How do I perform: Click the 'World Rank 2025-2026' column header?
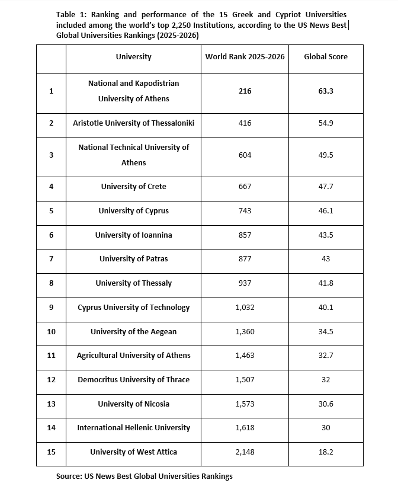click(x=245, y=57)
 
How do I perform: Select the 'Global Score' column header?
click(x=326, y=57)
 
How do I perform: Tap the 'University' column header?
click(x=133, y=57)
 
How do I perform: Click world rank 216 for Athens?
click(x=245, y=91)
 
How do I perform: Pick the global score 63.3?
click(x=326, y=91)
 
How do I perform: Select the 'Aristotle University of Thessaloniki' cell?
click(x=133, y=123)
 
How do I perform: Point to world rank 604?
click(x=245, y=155)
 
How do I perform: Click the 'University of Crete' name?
click(x=133, y=187)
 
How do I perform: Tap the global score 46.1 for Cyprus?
click(x=326, y=211)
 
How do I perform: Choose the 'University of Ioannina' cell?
click(x=133, y=235)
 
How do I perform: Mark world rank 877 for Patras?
click(x=245, y=259)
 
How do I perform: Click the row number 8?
click(x=51, y=283)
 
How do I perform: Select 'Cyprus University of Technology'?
click(x=133, y=308)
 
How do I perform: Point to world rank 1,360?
click(x=245, y=332)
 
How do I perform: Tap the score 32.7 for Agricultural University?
click(x=326, y=356)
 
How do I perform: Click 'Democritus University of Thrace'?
click(x=133, y=380)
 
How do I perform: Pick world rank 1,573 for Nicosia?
click(x=245, y=404)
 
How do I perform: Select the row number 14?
click(x=51, y=428)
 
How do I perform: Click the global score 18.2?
click(x=326, y=452)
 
